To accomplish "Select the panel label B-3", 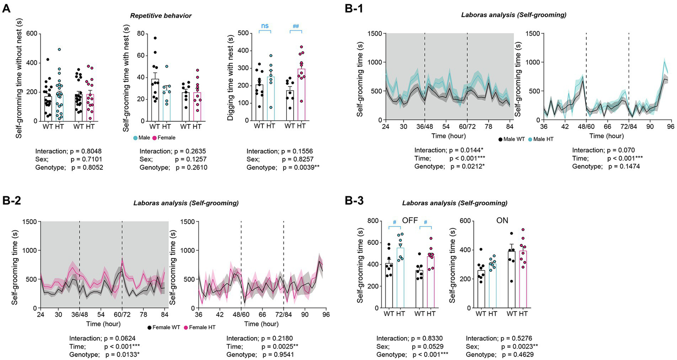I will pyautogui.click(x=355, y=201).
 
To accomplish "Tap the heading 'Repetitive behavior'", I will pyautogui.click(x=161, y=16).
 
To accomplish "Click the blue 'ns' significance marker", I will pyautogui.click(x=265, y=26).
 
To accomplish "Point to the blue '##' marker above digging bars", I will pyautogui.click(x=295, y=26).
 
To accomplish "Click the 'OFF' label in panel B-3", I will pyautogui.click(x=410, y=220).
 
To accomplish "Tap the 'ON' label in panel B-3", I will pyautogui.click(x=502, y=220).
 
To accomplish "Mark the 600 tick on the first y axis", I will pyautogui.click(x=31, y=34).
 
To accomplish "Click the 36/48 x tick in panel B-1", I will pyautogui.click(x=424, y=127).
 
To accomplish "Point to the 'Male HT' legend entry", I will pyautogui.click(x=539, y=139).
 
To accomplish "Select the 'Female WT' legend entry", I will pyautogui.click(x=164, y=327).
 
